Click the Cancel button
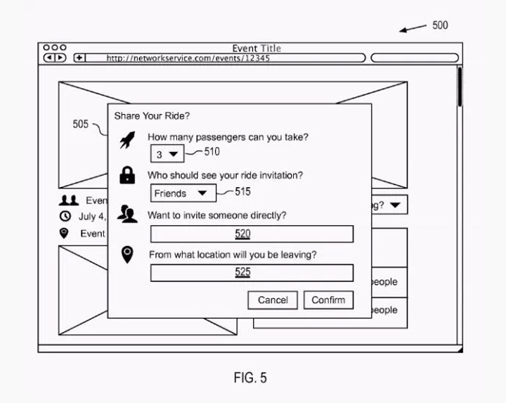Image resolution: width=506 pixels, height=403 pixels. click(x=273, y=300)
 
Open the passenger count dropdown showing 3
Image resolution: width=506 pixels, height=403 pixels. click(x=167, y=154)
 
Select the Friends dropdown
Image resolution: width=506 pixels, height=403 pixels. click(x=181, y=193)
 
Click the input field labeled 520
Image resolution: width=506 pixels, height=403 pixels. click(x=252, y=234)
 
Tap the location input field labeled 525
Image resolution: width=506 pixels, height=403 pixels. click(x=252, y=273)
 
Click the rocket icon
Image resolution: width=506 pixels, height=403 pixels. click(x=127, y=141)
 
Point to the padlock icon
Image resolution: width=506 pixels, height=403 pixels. click(x=127, y=176)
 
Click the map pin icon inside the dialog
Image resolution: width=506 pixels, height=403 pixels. click(x=127, y=255)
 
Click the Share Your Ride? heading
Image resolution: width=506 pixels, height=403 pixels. click(x=152, y=116)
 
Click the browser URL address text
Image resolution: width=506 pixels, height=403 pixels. click(x=188, y=58)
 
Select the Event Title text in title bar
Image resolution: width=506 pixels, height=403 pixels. click(x=257, y=49)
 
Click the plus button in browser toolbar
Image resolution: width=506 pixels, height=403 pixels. click(x=79, y=58)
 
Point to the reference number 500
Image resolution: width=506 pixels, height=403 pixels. click(x=440, y=25)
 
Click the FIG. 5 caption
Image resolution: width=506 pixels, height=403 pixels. click(x=250, y=378)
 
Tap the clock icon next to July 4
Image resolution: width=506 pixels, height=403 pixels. click(x=65, y=217)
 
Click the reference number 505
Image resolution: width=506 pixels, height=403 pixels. click(x=81, y=124)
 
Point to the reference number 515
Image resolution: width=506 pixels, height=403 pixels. click(x=242, y=191)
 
